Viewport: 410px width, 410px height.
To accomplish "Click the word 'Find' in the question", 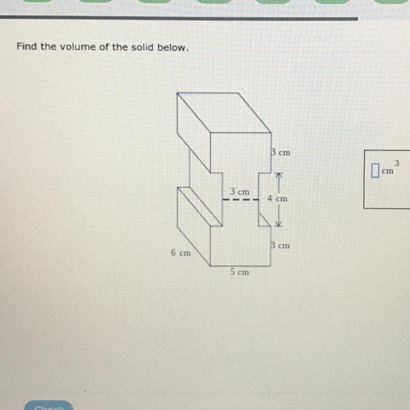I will coord(27,46).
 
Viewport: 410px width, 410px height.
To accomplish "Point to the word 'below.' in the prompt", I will coord(173,47).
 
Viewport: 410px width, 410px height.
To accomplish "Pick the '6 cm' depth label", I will coord(180,253).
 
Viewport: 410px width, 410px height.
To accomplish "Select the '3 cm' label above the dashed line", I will coord(239,192).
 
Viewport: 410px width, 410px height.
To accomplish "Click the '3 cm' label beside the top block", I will coord(280,153).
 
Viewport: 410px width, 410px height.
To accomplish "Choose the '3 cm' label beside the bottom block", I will coord(280,246).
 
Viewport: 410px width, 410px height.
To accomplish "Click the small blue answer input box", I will coord(374,171).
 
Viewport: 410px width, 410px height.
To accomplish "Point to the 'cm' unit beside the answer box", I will coord(387,172).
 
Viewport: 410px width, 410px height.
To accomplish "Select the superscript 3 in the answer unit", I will coord(397,162).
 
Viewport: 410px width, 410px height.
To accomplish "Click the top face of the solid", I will coord(224,113).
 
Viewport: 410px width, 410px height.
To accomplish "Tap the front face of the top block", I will coord(241,153).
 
